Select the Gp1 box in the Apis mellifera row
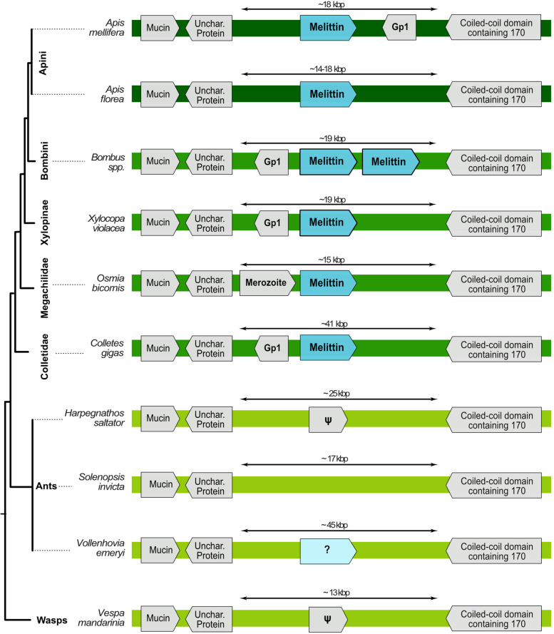point(399,29)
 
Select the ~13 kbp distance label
point(339,593)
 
